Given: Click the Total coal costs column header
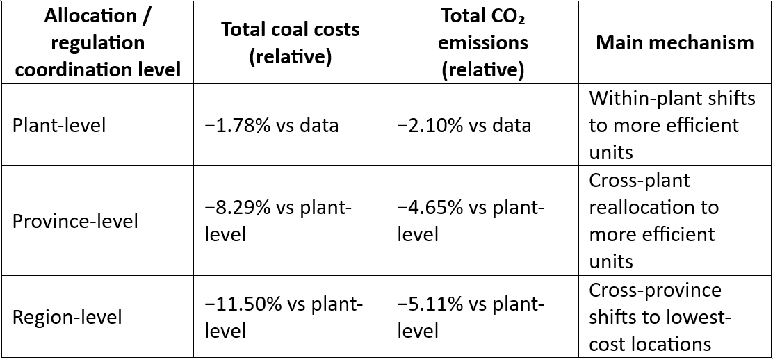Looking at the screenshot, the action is (x=290, y=43).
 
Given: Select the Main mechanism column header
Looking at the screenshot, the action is (x=675, y=42).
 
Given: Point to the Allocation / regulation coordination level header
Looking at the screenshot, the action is (x=97, y=43).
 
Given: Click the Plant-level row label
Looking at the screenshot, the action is (x=59, y=125).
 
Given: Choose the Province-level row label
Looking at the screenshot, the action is (x=75, y=222).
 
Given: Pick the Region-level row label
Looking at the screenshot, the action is (x=67, y=317).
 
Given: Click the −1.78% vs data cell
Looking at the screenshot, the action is (x=272, y=125).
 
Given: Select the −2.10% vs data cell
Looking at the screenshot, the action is (x=464, y=125).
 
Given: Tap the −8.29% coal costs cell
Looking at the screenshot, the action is (x=278, y=222).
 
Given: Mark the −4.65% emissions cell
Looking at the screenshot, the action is (x=471, y=222).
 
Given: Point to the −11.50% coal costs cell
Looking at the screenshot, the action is (x=284, y=317).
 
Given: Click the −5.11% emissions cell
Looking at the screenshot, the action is (x=471, y=317).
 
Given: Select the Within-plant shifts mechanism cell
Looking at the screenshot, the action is (x=672, y=125).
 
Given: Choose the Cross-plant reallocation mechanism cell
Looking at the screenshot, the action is (x=654, y=222).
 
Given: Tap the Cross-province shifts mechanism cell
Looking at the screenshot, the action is (x=660, y=317).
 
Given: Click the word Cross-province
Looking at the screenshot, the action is (x=656, y=291).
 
